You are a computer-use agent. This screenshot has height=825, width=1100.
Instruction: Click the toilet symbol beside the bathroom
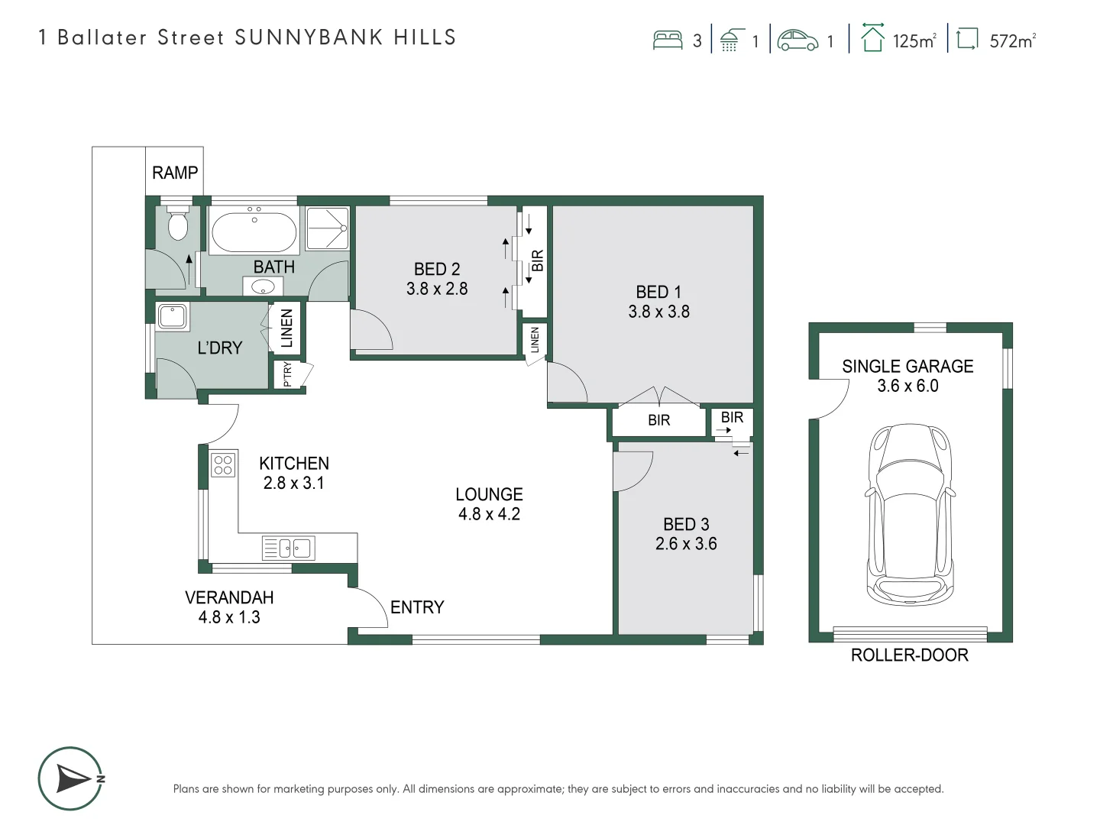click(x=178, y=222)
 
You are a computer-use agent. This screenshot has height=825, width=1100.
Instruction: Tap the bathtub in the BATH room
click(x=254, y=231)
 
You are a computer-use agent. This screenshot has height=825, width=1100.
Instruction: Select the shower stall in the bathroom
click(x=327, y=228)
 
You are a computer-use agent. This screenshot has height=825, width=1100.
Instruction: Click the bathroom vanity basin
click(x=263, y=286)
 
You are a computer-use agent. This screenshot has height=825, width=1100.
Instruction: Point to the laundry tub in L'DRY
click(x=173, y=316)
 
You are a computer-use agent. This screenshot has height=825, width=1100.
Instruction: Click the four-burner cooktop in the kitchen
click(x=223, y=464)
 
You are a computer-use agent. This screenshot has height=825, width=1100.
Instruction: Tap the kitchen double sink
click(x=289, y=548)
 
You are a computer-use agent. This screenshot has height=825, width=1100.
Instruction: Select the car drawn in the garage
click(x=910, y=514)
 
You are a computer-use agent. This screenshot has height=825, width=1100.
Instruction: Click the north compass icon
click(x=71, y=778)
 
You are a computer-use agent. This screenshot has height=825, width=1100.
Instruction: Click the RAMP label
click(x=175, y=173)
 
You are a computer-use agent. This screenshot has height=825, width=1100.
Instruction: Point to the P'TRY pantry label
click(x=287, y=374)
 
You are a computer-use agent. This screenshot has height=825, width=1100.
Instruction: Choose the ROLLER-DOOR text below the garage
click(x=910, y=655)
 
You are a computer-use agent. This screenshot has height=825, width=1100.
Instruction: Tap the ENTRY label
click(x=417, y=607)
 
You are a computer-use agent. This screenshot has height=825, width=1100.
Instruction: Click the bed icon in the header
click(x=668, y=40)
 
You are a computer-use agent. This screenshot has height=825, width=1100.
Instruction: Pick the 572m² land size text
click(x=1013, y=40)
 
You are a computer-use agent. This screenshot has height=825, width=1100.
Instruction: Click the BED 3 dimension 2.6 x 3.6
click(x=686, y=544)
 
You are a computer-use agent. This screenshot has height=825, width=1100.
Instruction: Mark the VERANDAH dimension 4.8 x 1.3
click(x=229, y=617)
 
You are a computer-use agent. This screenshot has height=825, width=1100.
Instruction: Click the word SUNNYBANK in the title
click(x=309, y=37)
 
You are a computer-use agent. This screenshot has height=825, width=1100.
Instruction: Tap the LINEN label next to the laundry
click(x=286, y=328)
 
